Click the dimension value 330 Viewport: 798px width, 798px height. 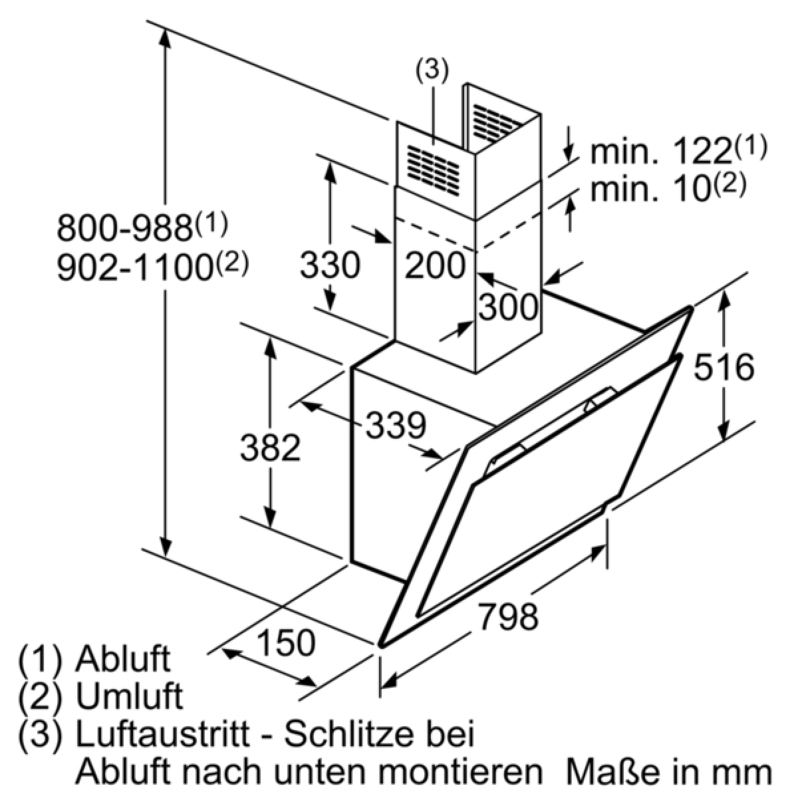point(330,265)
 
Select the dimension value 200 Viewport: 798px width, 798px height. point(434,265)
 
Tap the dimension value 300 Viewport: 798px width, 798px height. point(509,307)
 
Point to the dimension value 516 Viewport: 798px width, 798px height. point(724,367)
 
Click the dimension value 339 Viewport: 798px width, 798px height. point(396,426)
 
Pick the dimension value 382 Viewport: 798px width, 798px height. point(270,448)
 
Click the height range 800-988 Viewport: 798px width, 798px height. point(124,228)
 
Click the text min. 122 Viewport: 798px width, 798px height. point(660,153)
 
